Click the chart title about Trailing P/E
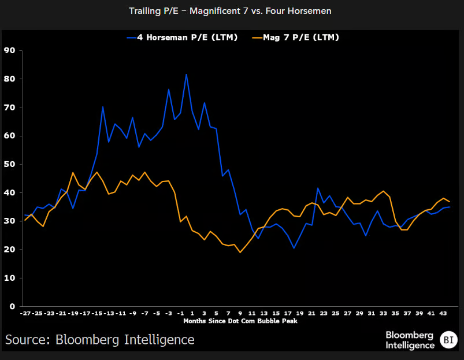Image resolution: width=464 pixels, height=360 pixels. coord(232,10)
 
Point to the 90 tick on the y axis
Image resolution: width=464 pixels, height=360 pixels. coord(9,50)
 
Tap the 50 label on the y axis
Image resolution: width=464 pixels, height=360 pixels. coord(9,164)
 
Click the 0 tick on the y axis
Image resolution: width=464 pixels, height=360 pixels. coord(11,306)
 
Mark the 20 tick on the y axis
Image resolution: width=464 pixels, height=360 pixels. coord(9,250)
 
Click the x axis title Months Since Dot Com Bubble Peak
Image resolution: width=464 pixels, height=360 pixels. coord(240,321)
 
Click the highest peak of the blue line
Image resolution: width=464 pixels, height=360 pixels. coord(186,74)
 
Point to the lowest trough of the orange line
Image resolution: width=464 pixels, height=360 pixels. coord(240,252)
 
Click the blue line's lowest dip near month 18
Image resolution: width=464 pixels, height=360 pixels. coord(294,248)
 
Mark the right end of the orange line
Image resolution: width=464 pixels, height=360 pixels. coord(450,202)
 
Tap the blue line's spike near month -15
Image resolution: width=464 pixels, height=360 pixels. coord(103,107)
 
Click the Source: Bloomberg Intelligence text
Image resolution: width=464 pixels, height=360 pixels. coord(99,339)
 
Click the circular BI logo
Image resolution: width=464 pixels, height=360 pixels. coord(447,340)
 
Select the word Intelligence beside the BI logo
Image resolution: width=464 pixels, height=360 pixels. coord(410,345)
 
